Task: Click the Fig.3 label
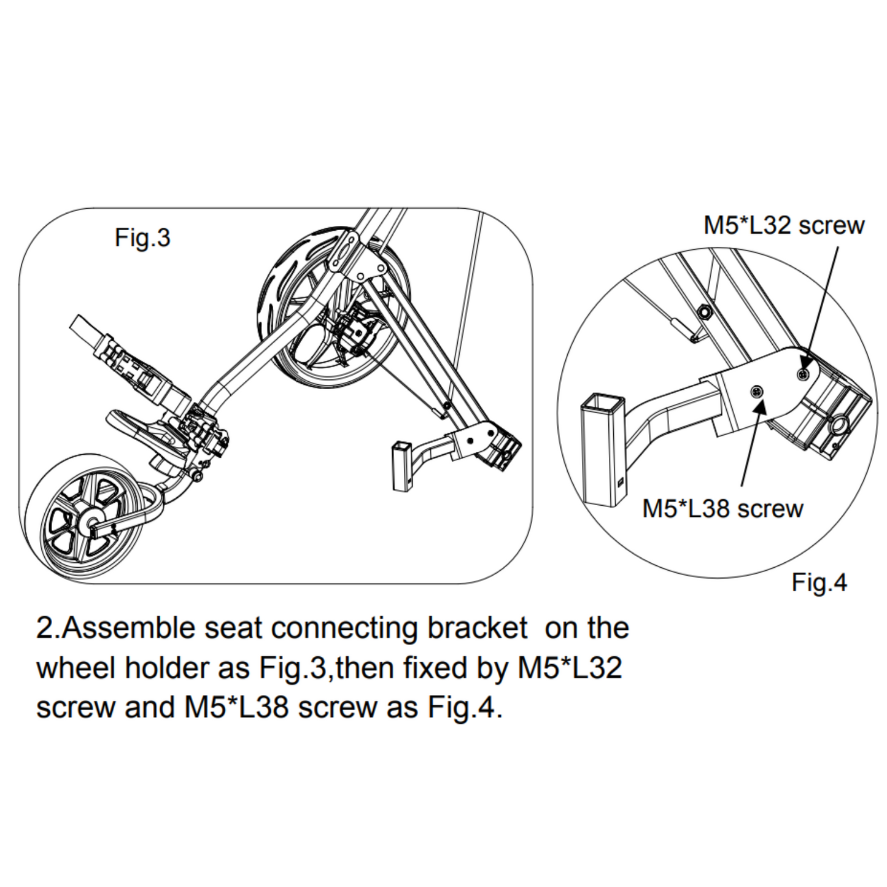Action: [x=142, y=238]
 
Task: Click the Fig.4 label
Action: [x=819, y=582]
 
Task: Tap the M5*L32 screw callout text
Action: [x=783, y=225]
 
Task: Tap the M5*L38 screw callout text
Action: [x=722, y=509]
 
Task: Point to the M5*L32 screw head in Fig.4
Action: [x=802, y=374]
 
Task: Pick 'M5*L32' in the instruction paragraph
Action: [x=570, y=668]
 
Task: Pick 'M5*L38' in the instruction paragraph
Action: [x=236, y=707]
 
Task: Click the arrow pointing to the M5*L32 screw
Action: [x=823, y=301]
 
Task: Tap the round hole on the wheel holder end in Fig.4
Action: [x=838, y=425]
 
